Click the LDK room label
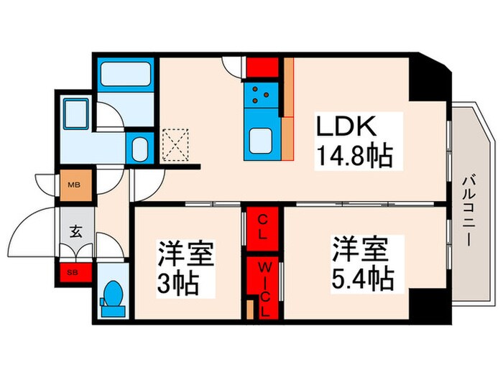click(x=347, y=126)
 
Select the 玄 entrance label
click(x=75, y=232)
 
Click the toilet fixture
click(x=112, y=297)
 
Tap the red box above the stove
click(x=262, y=68)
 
